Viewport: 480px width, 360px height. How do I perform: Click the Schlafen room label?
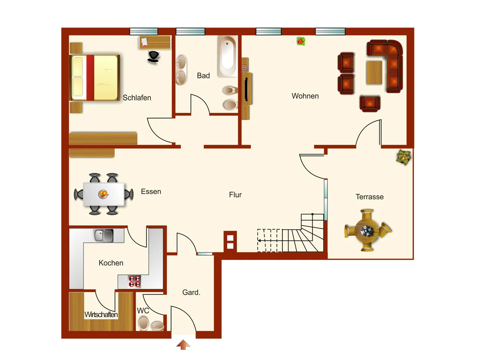click(x=137, y=98)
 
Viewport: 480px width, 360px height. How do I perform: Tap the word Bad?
click(x=203, y=76)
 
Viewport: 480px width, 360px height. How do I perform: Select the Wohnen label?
click(x=305, y=96)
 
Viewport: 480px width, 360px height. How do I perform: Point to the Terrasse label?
click(x=370, y=197)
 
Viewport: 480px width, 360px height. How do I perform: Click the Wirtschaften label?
click(x=101, y=315)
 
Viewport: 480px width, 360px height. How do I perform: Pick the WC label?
click(x=143, y=310)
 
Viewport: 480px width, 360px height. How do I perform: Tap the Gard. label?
click(x=191, y=292)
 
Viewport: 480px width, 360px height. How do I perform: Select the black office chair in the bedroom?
click(x=154, y=56)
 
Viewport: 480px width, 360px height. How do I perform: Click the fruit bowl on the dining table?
click(x=104, y=194)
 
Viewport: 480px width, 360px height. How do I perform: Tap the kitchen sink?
click(x=103, y=235)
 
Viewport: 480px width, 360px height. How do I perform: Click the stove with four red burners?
click(x=134, y=282)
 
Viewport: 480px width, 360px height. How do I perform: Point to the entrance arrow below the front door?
click(x=183, y=344)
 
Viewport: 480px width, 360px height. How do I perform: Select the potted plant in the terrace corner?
click(x=404, y=157)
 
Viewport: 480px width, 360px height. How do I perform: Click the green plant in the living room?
click(x=301, y=41)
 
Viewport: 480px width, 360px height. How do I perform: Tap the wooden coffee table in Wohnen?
click(x=374, y=72)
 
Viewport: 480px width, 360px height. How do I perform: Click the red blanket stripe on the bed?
click(x=90, y=78)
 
